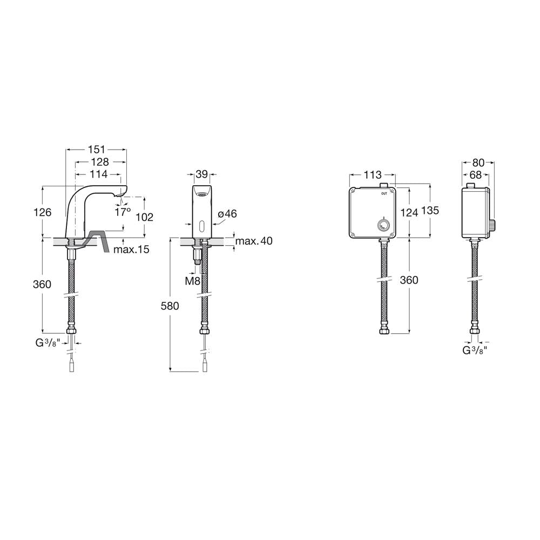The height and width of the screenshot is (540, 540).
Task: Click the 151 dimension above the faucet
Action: click(97, 150)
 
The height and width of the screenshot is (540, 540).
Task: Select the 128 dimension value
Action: click(100, 161)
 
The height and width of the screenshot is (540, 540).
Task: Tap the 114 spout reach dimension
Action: click(99, 174)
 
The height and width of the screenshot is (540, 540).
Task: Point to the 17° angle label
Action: click(123, 212)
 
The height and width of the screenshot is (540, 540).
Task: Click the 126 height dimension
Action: click(42, 212)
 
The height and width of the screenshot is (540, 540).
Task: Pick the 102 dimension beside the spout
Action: click(145, 217)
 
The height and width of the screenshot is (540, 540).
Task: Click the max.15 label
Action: click(131, 249)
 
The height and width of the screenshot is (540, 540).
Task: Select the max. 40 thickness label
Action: click(254, 241)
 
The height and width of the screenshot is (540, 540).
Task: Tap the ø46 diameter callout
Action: click(227, 214)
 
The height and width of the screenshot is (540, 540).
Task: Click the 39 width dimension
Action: click(202, 174)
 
